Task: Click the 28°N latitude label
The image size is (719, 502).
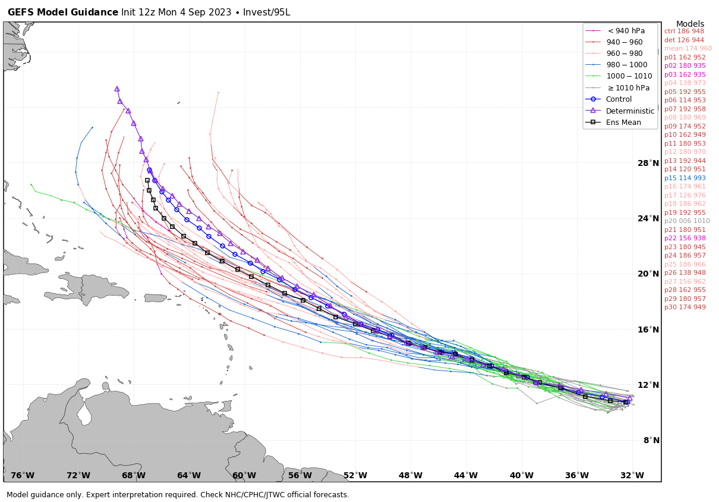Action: pyautogui.click(x=648, y=163)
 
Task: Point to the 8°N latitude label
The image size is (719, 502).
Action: pyautogui.click(x=651, y=440)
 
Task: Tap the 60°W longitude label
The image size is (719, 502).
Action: pyautogui.click(x=244, y=475)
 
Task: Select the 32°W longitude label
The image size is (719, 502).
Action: pyautogui.click(x=632, y=475)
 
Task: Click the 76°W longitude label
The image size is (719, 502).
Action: pyautogui.click(x=23, y=475)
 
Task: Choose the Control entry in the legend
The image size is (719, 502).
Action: pyautogui.click(x=619, y=99)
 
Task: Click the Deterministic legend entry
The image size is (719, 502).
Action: pyautogui.click(x=630, y=111)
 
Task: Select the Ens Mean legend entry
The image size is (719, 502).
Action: pyautogui.click(x=623, y=123)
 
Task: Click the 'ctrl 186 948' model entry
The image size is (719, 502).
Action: pyautogui.click(x=684, y=32)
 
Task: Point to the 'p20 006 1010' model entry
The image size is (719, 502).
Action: pyautogui.click(x=687, y=221)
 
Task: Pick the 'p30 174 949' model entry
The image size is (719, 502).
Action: pyautogui.click(x=685, y=308)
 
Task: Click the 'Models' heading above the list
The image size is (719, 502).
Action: pyautogui.click(x=690, y=24)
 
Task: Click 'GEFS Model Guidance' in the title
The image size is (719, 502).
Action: pyautogui.click(x=62, y=12)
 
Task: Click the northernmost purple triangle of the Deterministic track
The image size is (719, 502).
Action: pyautogui.click(x=117, y=89)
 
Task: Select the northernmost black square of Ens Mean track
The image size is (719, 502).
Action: pyautogui.click(x=147, y=180)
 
